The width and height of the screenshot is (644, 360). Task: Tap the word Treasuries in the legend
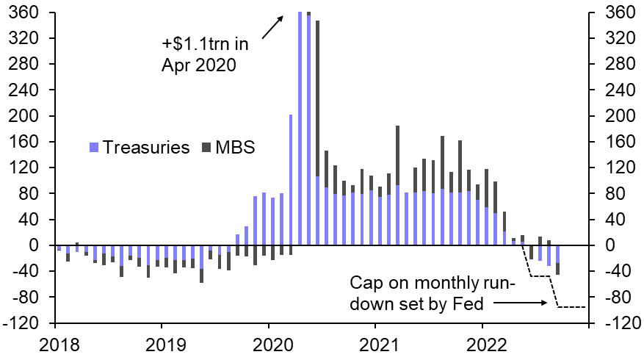pyautogui.click(x=145, y=147)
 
